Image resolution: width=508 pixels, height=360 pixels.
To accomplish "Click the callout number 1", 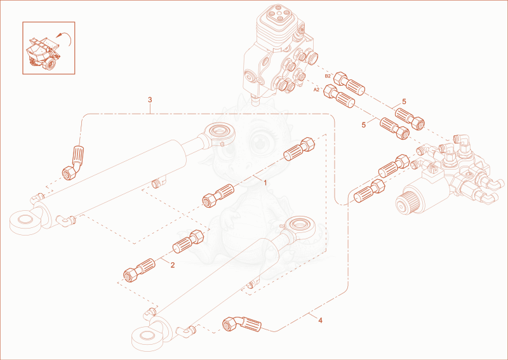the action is click(x=265, y=183).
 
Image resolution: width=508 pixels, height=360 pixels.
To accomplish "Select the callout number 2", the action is click(x=173, y=265).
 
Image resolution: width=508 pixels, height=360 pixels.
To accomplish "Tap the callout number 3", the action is click(x=150, y=100).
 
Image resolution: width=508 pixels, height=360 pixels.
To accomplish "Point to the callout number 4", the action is click(x=321, y=321).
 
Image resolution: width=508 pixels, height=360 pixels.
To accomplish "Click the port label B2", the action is click(x=328, y=76).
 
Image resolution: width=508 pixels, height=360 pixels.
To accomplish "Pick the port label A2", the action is click(x=316, y=90).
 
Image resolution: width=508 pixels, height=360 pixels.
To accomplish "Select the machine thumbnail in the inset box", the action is click(x=43, y=52).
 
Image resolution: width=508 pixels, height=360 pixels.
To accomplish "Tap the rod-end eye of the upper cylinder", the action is click(x=219, y=133).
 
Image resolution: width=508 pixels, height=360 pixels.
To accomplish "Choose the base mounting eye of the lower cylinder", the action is click(x=148, y=338).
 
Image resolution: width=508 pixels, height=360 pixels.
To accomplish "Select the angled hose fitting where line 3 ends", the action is click(x=73, y=163).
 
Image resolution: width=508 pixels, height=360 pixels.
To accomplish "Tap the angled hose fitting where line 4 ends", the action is click(x=242, y=324).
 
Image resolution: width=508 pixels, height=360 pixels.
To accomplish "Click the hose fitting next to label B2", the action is click(x=349, y=84).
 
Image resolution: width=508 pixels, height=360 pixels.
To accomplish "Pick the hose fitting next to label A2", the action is click(x=339, y=96).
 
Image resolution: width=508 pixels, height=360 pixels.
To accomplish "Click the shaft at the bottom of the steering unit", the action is click(x=256, y=100).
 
